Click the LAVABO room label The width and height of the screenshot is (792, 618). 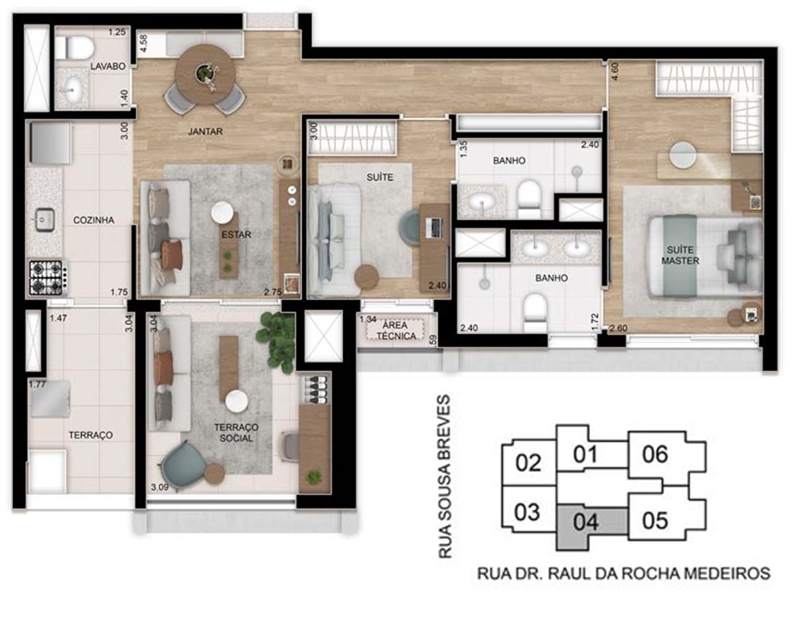coord(107,66)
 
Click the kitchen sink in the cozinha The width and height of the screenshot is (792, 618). coord(45,220)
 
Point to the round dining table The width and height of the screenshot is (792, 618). coord(205,74)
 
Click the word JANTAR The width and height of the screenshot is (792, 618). coord(205,131)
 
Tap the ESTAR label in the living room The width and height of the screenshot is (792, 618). coord(236,235)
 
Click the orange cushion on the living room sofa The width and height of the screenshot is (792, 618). coord(172,254)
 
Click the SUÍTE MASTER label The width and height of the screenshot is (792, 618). coord(680,256)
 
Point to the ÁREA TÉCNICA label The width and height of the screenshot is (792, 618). coord(396,330)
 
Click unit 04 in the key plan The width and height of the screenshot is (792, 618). coord(586,522)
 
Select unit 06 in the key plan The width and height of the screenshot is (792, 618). coord(654,454)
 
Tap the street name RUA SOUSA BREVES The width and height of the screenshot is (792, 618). coord(444,477)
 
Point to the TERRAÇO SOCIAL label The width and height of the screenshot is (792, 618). coord(236,433)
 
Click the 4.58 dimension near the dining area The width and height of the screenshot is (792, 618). coord(144,43)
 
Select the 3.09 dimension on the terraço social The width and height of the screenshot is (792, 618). coord(160,487)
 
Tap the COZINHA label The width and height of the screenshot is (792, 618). coord(93,220)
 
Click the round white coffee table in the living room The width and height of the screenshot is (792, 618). coord(223,212)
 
